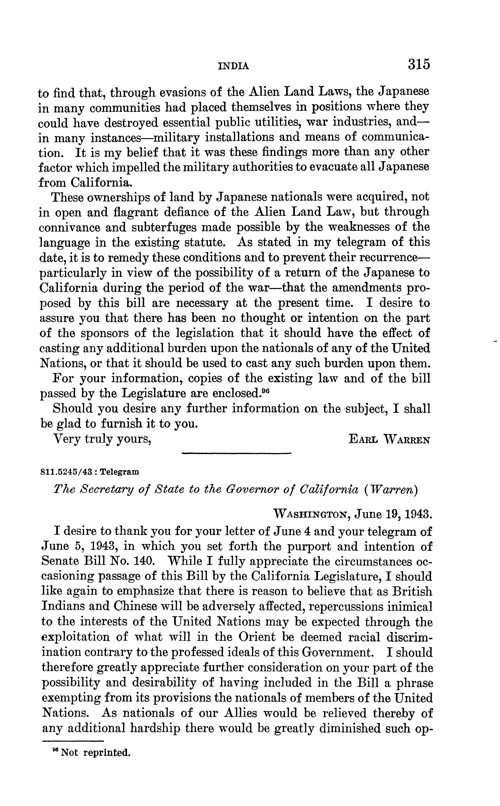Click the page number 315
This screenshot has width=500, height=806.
click(x=419, y=64)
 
